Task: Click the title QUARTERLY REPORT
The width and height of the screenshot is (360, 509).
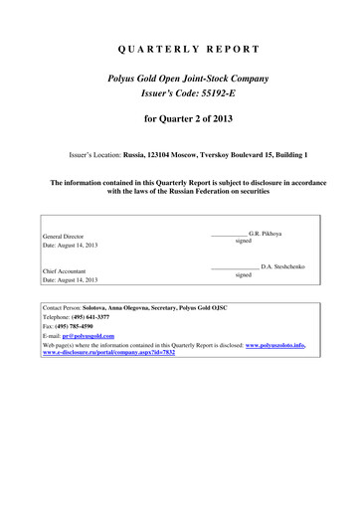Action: pyautogui.click(x=180, y=49)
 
